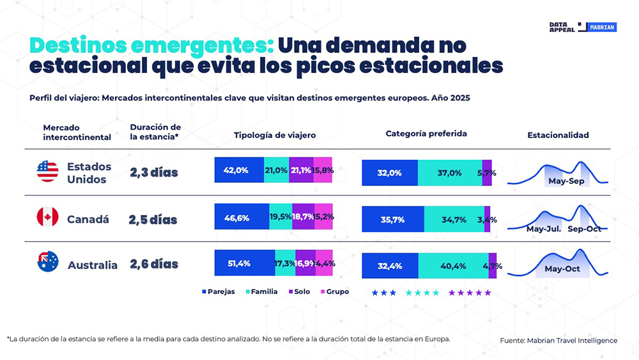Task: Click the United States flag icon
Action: click(47, 171)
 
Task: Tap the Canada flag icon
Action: click(47, 217)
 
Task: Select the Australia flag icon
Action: click(48, 262)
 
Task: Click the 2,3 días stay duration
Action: click(154, 172)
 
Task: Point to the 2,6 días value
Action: click(154, 264)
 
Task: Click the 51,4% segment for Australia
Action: click(244, 263)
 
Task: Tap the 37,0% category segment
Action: click(450, 173)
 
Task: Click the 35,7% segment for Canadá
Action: click(393, 219)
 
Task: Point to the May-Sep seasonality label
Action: click(566, 181)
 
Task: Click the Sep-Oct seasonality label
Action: click(584, 228)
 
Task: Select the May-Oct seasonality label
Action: click(562, 269)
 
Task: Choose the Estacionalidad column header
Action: click(558, 136)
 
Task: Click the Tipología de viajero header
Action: click(275, 136)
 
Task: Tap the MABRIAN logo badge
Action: click(601, 27)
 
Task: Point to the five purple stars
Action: click(470, 293)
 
